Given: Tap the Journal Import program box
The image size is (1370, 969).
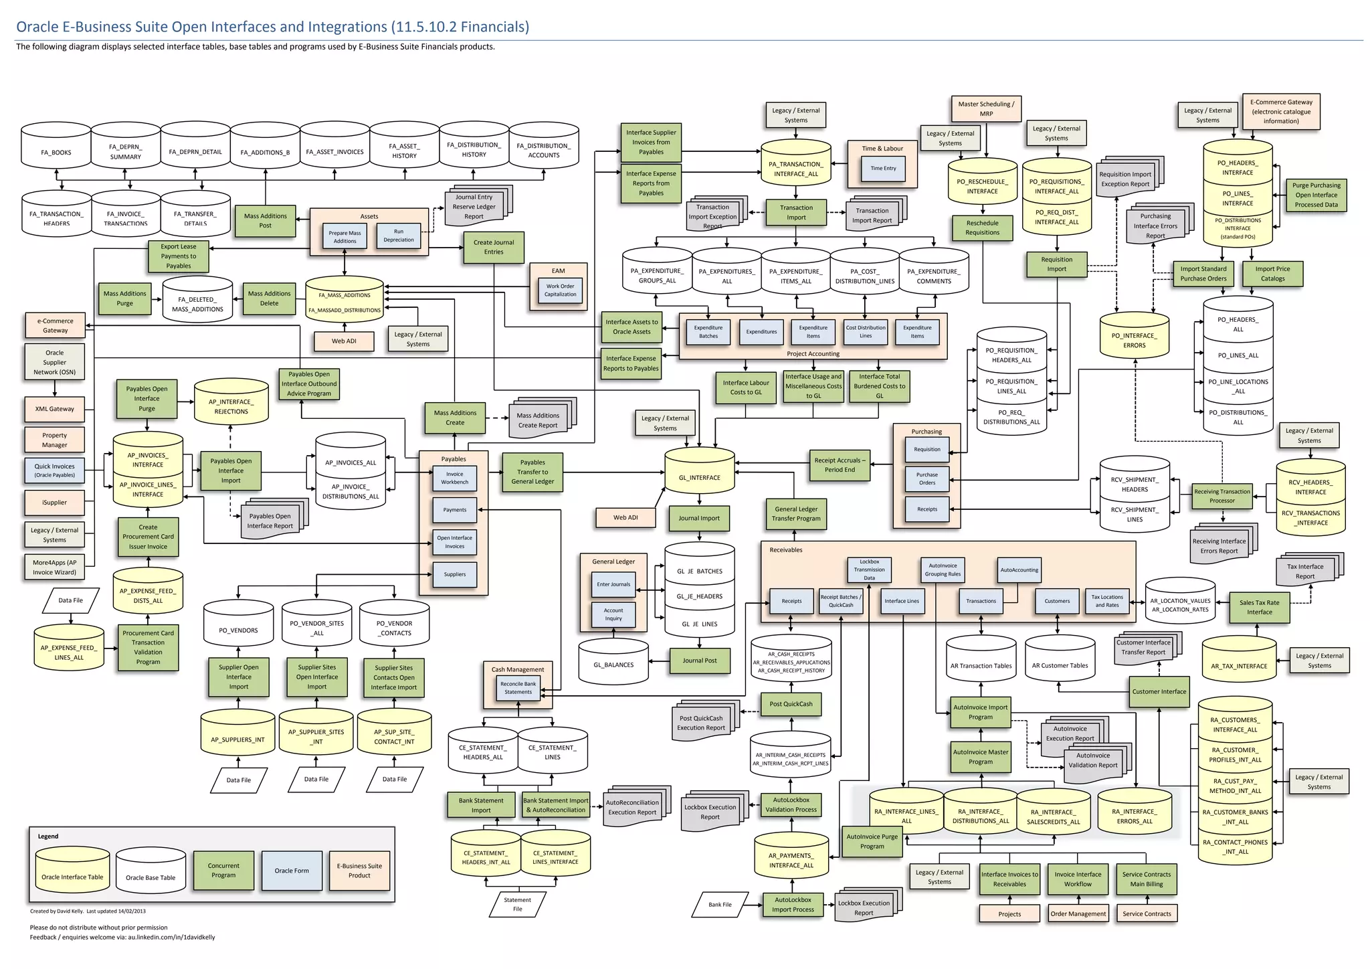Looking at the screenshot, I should (699, 518).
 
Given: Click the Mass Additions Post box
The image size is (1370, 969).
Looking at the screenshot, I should (265, 221).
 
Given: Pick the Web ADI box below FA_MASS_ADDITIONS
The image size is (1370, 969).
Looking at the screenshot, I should (344, 341).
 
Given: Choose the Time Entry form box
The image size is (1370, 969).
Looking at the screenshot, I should (883, 169).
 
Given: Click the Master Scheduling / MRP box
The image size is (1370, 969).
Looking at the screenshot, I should (985, 108).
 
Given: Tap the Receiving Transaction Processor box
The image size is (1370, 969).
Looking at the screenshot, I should (1221, 496).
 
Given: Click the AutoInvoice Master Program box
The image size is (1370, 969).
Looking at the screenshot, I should (980, 756).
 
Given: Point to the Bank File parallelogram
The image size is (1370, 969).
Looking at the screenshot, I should (720, 904).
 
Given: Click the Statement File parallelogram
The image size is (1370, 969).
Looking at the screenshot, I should (517, 904).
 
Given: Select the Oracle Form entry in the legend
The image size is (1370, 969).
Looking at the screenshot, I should (292, 871).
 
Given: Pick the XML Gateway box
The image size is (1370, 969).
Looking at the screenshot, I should (55, 409).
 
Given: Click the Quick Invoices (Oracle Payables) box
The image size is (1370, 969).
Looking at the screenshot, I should (55, 470).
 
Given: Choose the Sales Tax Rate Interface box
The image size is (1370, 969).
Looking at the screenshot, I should (1259, 607).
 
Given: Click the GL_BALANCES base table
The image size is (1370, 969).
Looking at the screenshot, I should (613, 665).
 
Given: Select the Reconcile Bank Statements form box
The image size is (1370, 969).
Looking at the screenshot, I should (518, 688).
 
